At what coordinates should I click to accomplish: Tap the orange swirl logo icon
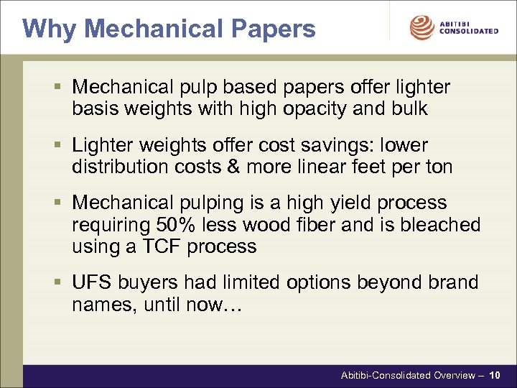(x=422, y=28)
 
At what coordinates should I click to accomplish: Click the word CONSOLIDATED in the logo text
(x=468, y=32)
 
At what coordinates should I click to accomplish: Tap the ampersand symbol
(x=233, y=167)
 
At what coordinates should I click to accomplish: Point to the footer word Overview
(x=452, y=375)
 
